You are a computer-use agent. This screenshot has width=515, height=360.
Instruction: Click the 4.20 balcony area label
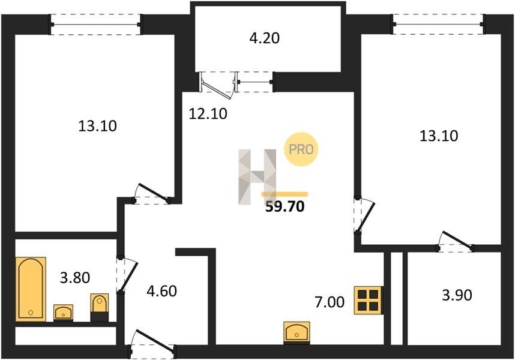(264, 38)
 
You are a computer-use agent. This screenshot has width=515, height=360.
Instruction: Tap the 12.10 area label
(208, 114)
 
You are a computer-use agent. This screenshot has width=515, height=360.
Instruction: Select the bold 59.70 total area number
(285, 206)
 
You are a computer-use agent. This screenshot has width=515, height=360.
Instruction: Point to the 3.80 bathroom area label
(75, 278)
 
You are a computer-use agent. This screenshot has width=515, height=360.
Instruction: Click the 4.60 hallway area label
(162, 291)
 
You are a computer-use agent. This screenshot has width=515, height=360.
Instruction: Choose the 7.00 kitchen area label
(330, 302)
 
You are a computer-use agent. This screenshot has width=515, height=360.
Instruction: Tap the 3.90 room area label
(457, 295)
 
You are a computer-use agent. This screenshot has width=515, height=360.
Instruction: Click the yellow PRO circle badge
(301, 149)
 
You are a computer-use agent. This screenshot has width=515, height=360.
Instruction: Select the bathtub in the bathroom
(31, 289)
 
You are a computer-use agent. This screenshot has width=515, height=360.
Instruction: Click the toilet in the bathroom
(99, 307)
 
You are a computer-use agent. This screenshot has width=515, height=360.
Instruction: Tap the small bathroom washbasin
(64, 313)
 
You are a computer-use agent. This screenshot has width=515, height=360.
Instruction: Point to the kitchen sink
(297, 332)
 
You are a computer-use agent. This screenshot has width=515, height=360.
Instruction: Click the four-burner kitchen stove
(368, 300)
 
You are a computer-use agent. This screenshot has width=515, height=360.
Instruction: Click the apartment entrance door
(152, 344)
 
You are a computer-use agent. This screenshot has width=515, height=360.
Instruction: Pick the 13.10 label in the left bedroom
(98, 125)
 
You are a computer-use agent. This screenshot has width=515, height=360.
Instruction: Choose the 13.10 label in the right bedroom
(439, 136)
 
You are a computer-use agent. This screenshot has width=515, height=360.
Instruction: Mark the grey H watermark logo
(258, 176)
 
